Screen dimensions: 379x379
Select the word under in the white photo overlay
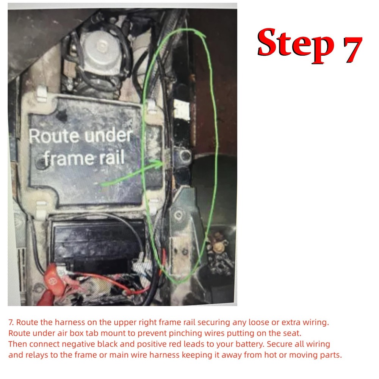(108, 136)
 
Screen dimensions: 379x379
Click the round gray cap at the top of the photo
(100, 47)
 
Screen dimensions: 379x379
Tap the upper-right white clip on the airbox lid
(152, 107)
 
